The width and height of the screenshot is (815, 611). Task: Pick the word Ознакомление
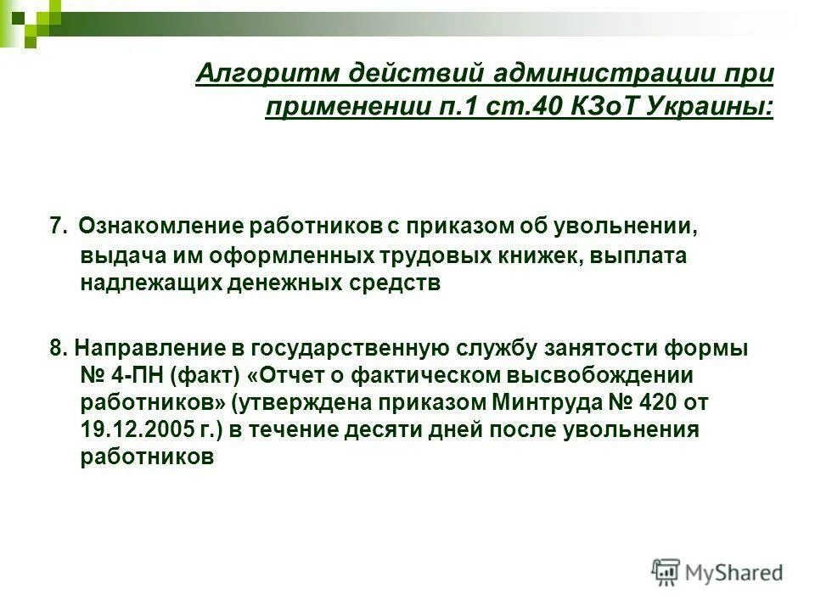click(x=161, y=227)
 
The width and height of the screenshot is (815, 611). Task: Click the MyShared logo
click(x=717, y=572)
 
